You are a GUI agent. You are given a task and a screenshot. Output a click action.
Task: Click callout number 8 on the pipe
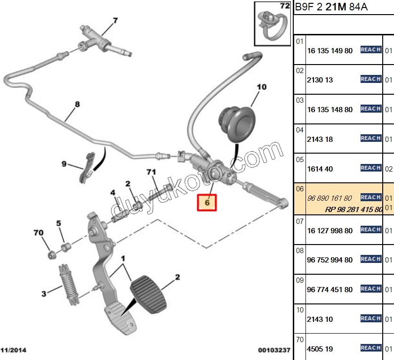[77, 105]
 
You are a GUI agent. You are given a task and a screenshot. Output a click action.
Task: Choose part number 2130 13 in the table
[320, 80]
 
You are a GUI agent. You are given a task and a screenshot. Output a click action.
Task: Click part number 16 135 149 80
[330, 50]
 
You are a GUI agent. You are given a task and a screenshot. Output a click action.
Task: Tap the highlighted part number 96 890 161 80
[330, 198]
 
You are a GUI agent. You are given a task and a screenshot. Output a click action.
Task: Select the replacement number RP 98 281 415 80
[353, 209]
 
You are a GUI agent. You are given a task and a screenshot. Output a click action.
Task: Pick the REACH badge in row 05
[370, 168]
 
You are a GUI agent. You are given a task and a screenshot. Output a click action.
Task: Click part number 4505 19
[320, 349]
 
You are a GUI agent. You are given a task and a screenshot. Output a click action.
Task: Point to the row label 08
[300, 251]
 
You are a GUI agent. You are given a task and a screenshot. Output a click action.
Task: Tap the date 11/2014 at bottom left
[14, 350]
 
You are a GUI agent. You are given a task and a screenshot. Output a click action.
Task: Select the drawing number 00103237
[274, 350]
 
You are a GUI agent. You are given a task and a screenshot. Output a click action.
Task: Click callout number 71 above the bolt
[151, 172]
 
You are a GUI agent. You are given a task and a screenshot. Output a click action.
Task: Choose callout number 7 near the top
[115, 20]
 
